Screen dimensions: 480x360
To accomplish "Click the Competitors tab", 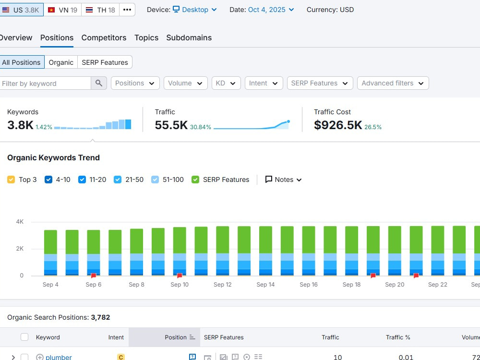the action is point(104,37).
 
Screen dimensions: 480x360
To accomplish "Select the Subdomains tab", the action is point(189,37).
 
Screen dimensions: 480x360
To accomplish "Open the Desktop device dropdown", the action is point(195,10).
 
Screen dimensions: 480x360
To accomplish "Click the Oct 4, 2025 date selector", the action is point(271,10).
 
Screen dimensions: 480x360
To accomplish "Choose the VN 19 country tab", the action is point(62,10).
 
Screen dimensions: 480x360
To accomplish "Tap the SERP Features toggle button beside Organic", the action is point(105,62).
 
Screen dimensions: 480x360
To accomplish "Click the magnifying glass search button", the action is point(98,83).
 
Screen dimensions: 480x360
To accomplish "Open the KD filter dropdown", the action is point(226,83).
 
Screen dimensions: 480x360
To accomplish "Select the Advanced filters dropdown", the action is point(393,83).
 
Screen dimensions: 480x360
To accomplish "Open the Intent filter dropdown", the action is point(264,83).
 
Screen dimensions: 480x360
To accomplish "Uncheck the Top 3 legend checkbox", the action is point(11,180).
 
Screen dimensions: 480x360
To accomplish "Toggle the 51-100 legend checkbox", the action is point(155,180).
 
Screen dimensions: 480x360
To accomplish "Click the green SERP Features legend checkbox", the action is point(195,180).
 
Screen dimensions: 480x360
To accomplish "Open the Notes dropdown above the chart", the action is point(284,180).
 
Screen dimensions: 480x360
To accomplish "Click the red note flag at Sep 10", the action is point(180,276).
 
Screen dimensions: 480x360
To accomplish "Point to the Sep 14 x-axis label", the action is point(265,284).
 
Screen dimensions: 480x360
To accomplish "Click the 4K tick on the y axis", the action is point(20,222).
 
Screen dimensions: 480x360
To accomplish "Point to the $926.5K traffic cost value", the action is point(338,125).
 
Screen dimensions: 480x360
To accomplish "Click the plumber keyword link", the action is point(59,357).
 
